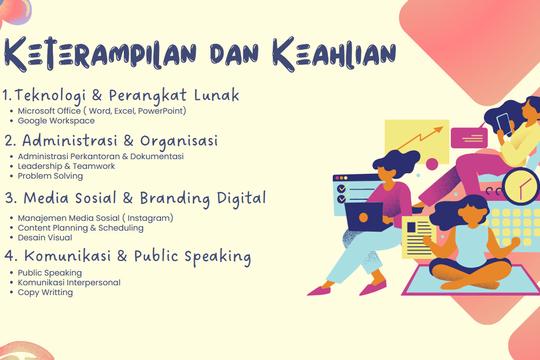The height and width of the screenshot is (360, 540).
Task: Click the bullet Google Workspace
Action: (x=57, y=120)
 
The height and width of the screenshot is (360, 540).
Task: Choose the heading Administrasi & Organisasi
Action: (x=125, y=140)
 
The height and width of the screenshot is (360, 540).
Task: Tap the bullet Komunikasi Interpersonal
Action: (x=69, y=282)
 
